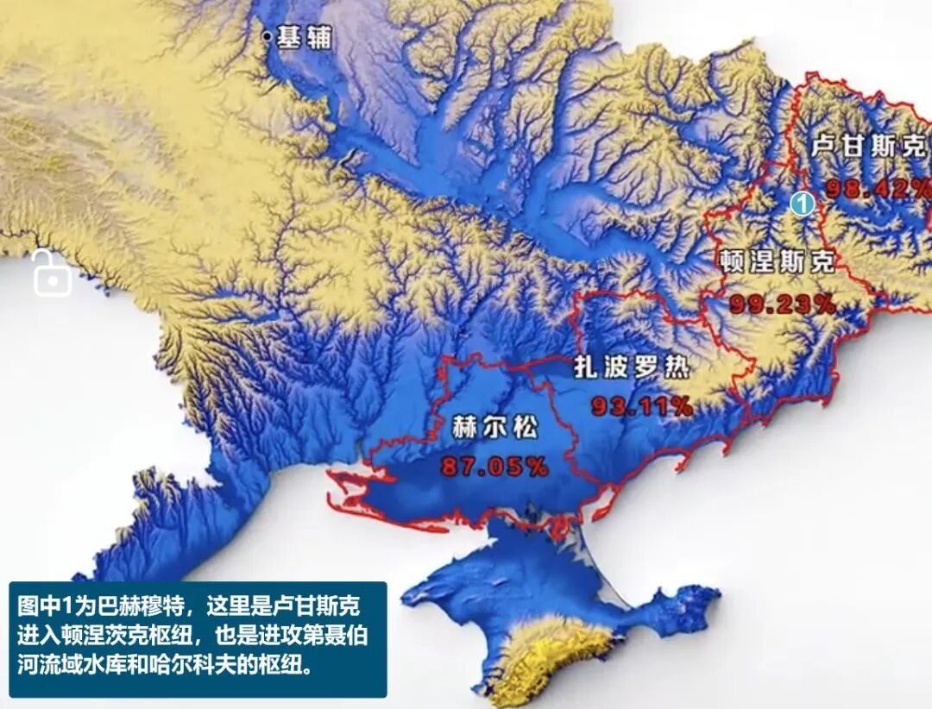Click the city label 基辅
[305, 37]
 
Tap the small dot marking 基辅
[268, 36]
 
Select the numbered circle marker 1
[803, 204]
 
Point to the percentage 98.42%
[877, 188]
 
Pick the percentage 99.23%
[783, 304]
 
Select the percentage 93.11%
[641, 406]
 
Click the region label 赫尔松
[494, 426]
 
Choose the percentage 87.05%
[494, 467]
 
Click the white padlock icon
[52, 273]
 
